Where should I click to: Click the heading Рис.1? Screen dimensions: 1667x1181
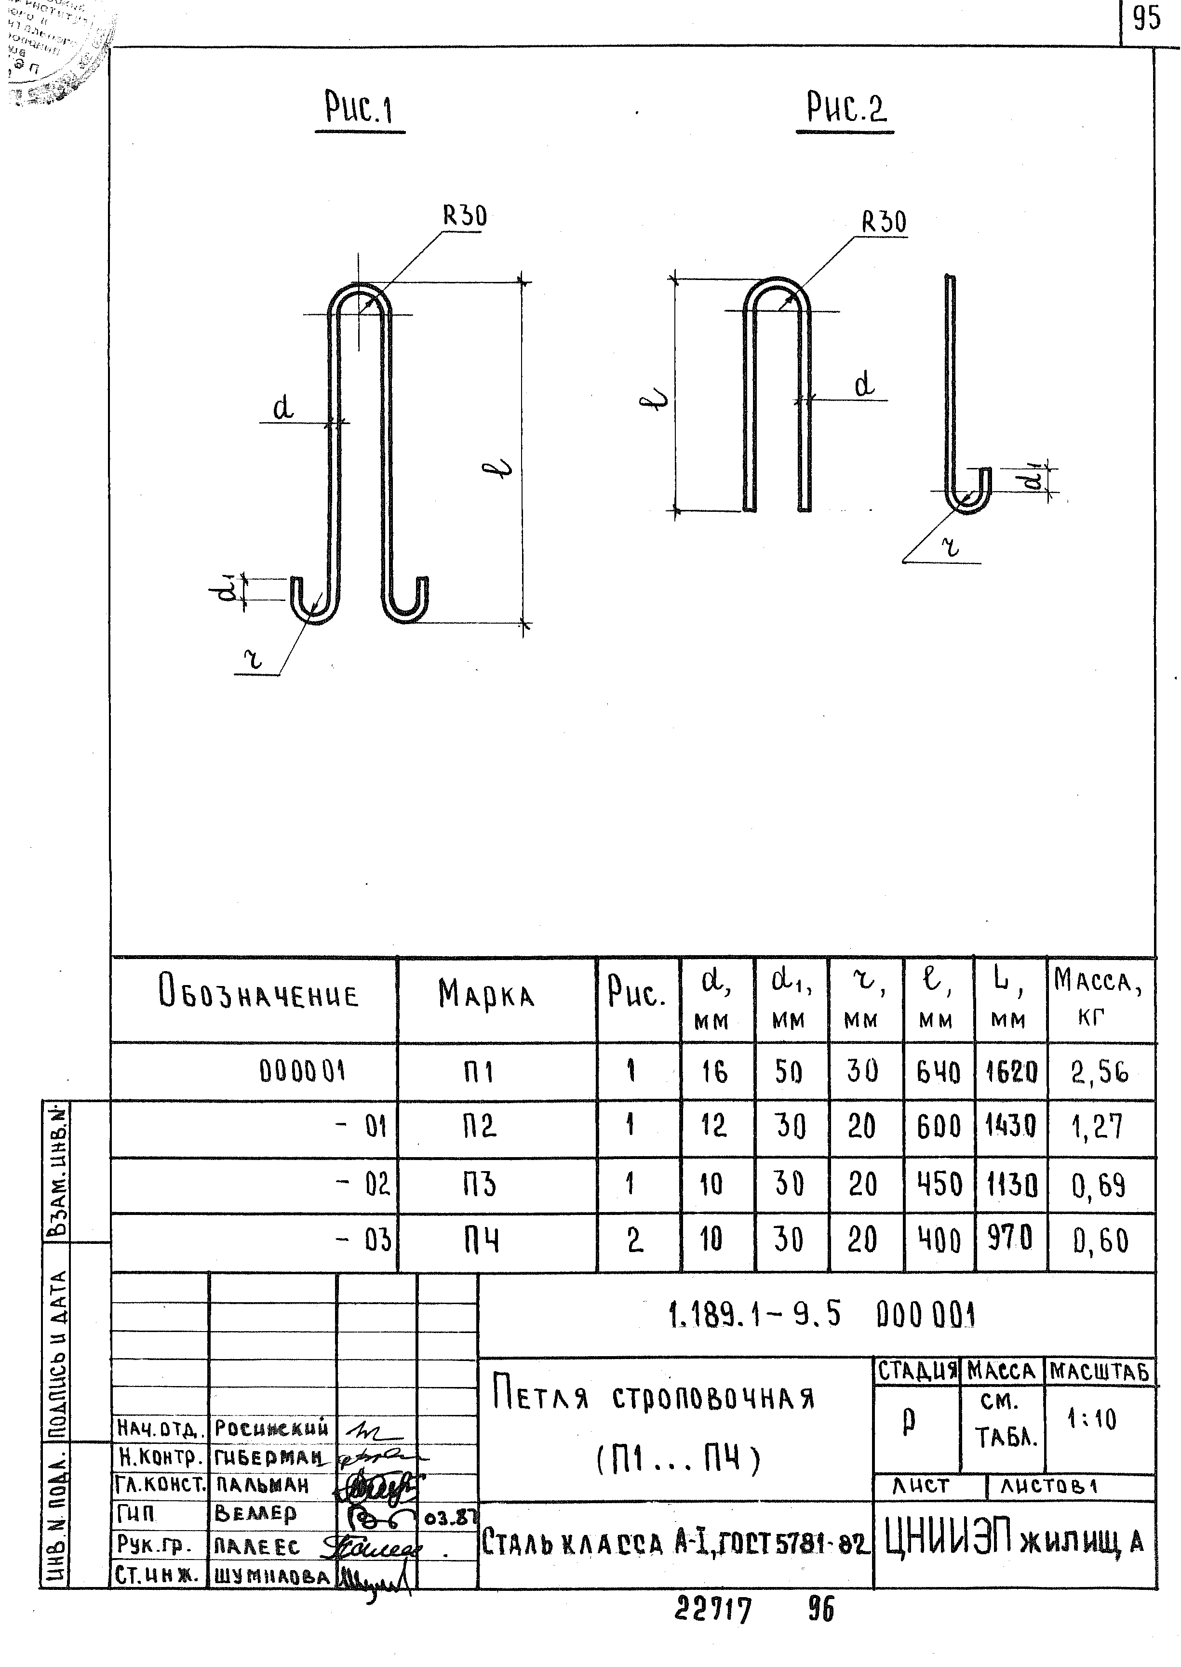(x=359, y=111)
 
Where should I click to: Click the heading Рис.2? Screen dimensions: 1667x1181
(x=846, y=110)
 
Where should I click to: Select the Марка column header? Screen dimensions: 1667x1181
(x=486, y=995)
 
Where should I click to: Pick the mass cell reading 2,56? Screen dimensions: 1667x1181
(x=1099, y=1072)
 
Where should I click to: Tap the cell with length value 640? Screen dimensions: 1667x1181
(x=938, y=1072)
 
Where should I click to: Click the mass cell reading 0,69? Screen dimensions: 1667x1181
(x=1099, y=1187)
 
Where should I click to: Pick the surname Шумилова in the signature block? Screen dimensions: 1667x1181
(x=272, y=1575)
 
